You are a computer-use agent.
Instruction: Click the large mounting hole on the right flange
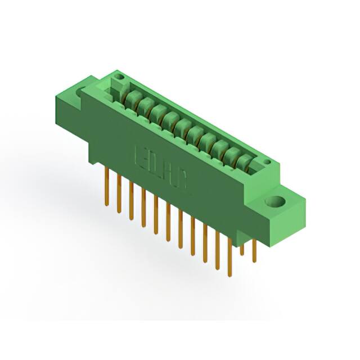[x=277, y=202]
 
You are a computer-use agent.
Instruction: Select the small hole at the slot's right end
[x=267, y=163]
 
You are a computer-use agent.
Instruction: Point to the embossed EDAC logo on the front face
[x=161, y=167]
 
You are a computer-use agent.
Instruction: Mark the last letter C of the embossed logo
[x=185, y=182]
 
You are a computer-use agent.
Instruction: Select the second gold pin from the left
[x=119, y=194]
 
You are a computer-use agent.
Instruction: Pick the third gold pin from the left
[x=131, y=200]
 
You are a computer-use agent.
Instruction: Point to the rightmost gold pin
[x=254, y=251]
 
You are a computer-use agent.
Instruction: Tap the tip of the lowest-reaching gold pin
[x=229, y=275]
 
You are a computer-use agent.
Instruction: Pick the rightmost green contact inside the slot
[x=243, y=162]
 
